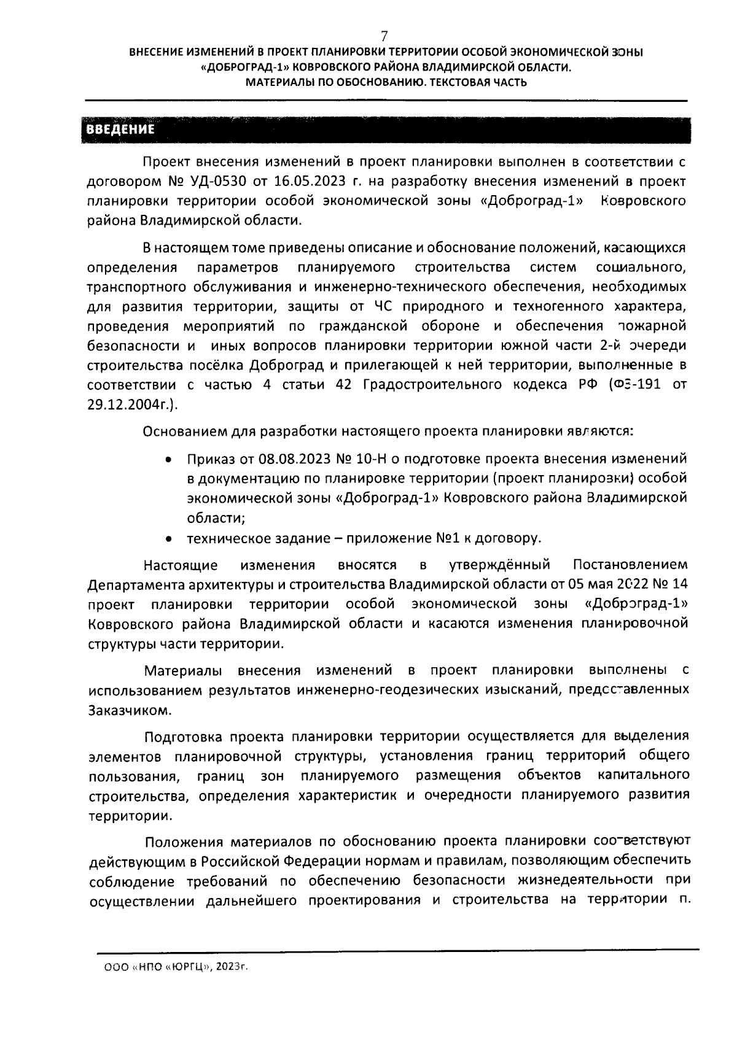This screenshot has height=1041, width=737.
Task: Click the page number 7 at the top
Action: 384,35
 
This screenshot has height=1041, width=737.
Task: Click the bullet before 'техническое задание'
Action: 168,539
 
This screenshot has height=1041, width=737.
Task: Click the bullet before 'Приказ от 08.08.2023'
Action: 168,459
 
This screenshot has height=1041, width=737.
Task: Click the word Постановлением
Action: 630,564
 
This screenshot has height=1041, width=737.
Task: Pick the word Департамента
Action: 130,584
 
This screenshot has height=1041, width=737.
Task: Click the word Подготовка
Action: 183,736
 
